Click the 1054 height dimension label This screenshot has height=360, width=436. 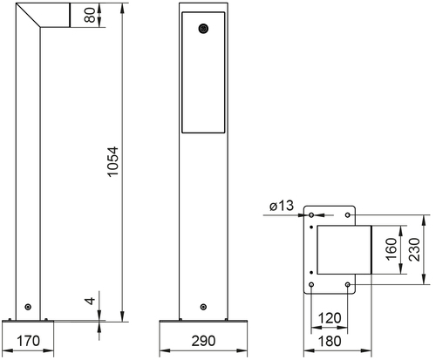[112, 161]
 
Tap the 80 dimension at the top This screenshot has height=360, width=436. [90, 15]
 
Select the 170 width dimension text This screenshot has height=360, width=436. [28, 341]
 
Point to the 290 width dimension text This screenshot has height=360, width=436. [203, 341]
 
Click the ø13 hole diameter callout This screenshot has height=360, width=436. [282, 206]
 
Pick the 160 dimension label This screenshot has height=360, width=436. [392, 249]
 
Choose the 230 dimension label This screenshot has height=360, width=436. [414, 249]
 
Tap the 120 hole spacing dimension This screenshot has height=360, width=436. [330, 318]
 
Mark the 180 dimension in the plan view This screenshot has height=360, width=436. [330, 341]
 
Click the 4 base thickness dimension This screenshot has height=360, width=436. [91, 301]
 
